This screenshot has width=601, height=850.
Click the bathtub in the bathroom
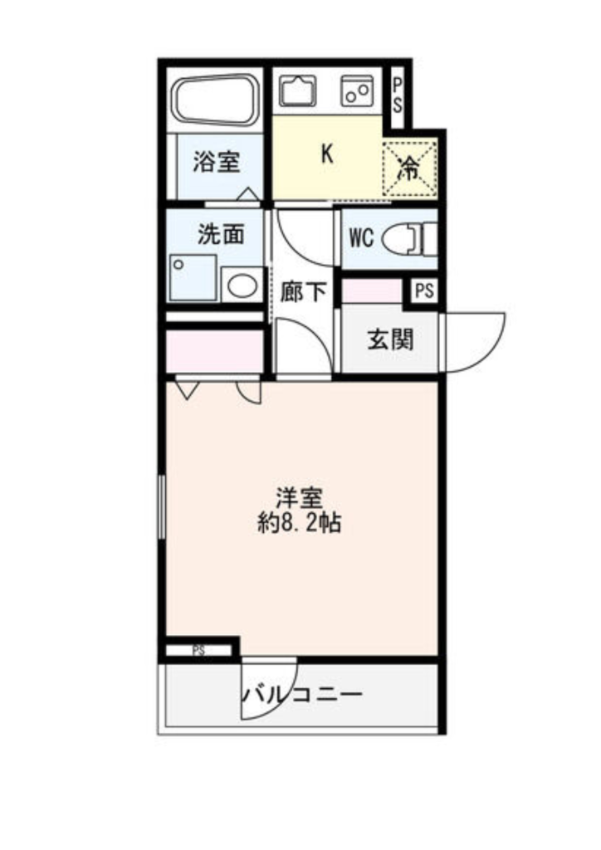(214, 100)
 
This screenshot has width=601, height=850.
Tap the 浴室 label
(217, 162)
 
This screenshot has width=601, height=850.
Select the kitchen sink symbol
(297, 90)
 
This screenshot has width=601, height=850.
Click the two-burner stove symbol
(358, 91)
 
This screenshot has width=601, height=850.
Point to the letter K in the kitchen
(327, 154)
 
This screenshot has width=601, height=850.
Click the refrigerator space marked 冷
(409, 168)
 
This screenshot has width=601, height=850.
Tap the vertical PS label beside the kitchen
(398, 95)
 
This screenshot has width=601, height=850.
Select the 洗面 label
(221, 234)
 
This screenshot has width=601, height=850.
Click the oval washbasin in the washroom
(242, 286)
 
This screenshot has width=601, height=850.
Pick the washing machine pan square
(193, 278)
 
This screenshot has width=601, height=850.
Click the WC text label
(361, 237)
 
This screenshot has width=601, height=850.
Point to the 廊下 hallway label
(303, 292)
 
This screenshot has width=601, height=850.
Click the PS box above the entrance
(425, 291)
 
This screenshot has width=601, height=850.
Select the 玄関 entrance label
(391, 340)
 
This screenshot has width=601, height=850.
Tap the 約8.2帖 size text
(299, 524)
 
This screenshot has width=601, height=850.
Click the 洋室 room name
(299, 498)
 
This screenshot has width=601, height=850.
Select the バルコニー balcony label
(302, 695)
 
